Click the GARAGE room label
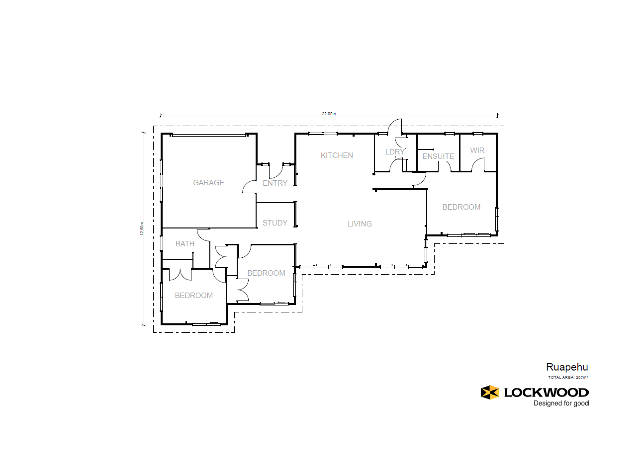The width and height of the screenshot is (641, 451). pos(208,183)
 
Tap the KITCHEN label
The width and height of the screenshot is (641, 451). pos(337,155)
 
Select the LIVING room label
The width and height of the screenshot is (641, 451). pos(360,224)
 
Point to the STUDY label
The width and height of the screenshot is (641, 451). pos(275,223)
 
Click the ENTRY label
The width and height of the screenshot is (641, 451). pos(275,183)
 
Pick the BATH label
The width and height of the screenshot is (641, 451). pos(185,244)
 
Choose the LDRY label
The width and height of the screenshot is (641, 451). pos(395,152)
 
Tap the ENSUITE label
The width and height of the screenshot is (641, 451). pos(438,156)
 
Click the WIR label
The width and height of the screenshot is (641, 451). pos(477,150)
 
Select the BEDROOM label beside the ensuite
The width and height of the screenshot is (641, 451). pos(461,207)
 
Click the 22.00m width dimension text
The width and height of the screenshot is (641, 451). pos(329,114)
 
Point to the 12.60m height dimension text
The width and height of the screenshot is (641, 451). pos(142,228)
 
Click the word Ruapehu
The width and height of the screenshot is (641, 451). pos(567,367)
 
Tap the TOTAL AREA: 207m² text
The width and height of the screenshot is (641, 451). pos(568,377)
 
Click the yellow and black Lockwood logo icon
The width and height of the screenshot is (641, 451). pos(490,392)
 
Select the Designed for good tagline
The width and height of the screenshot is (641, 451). pos(561,403)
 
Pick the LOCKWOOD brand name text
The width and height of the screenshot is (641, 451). pos(546,393)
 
